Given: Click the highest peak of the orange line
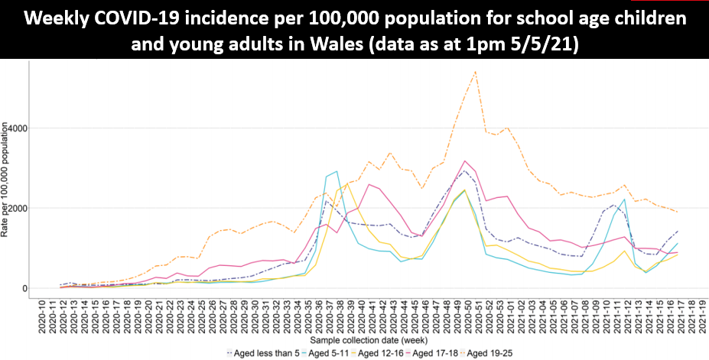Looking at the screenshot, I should [475, 72].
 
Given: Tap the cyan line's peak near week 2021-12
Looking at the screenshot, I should [624, 199].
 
